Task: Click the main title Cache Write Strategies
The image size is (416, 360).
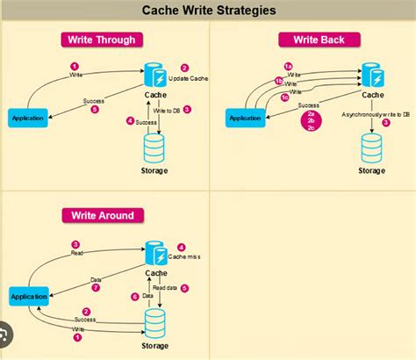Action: pos(208,11)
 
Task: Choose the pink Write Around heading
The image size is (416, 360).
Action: pos(103,215)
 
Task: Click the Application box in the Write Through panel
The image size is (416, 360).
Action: pos(29,117)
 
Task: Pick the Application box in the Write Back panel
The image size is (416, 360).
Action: pos(245,118)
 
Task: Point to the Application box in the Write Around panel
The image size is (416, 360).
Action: pos(29,297)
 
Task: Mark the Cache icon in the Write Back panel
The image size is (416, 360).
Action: pos(371,73)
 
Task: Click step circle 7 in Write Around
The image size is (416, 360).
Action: pos(97,287)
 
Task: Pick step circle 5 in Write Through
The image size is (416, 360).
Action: pos(96,109)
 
